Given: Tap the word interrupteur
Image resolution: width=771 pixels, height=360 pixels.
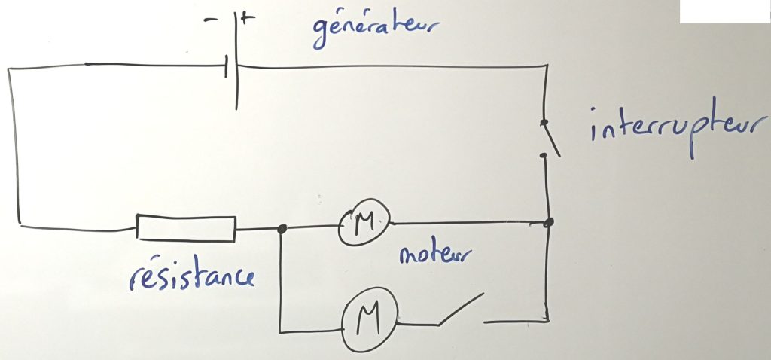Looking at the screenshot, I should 680,130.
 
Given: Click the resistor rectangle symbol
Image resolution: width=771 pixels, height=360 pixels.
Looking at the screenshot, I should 185,229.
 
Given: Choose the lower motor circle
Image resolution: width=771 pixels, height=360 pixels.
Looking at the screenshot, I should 368,322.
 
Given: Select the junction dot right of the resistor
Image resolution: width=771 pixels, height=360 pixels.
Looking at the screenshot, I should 282,229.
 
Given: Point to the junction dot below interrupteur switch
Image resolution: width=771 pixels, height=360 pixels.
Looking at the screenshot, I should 549,223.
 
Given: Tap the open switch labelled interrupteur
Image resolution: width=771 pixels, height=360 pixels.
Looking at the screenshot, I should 550,139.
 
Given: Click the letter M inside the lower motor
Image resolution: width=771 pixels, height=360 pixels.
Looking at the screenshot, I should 369,323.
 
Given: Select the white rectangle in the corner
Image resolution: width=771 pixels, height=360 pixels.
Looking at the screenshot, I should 725,11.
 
